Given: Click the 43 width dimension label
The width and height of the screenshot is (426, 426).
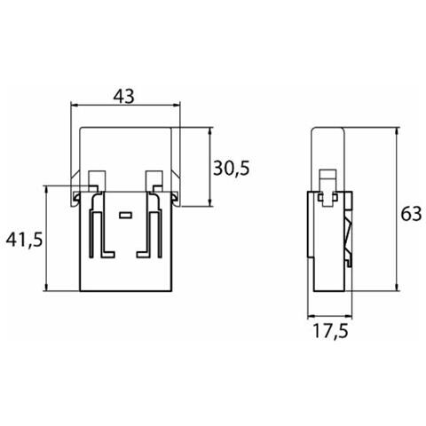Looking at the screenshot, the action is (124, 97).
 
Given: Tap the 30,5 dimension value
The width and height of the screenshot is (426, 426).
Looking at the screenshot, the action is (232, 169).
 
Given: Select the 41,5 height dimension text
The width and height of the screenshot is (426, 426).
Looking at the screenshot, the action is (24, 240).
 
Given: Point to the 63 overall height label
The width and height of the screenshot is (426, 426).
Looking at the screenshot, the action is (411, 214).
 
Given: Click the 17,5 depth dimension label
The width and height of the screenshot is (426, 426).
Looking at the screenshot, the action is (330, 331).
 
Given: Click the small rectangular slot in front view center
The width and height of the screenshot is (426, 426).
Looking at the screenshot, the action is (125, 215).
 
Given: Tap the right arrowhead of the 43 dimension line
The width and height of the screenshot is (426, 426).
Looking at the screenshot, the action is (177, 105).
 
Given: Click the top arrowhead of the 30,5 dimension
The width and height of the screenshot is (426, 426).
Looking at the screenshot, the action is (210, 131).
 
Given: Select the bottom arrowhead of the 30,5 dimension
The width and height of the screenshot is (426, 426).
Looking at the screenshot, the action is (210, 202).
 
